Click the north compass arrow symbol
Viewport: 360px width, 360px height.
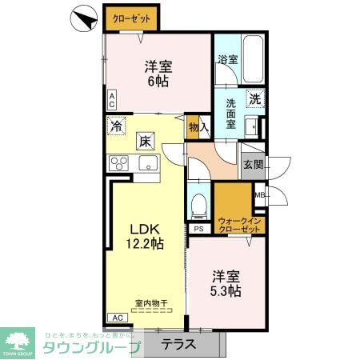pyautogui.click(x=83, y=18)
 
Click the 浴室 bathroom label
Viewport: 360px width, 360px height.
pyautogui.click(x=227, y=59)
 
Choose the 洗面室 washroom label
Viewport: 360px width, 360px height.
pyautogui.click(x=230, y=109)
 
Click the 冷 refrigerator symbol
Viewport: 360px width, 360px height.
pyautogui.click(x=118, y=126)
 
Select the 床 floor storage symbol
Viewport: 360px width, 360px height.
pyautogui.click(x=146, y=142)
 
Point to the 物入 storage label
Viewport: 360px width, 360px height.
pyautogui.click(x=198, y=126)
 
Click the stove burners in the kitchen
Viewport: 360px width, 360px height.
pyautogui.click(x=120, y=164)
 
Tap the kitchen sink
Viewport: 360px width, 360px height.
pyautogui.click(x=150, y=163)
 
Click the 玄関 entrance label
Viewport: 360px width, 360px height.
pyautogui.click(x=252, y=164)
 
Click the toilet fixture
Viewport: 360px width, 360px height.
pyautogui.click(x=198, y=205)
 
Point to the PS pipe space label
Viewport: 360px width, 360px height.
pyautogui.click(x=197, y=228)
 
